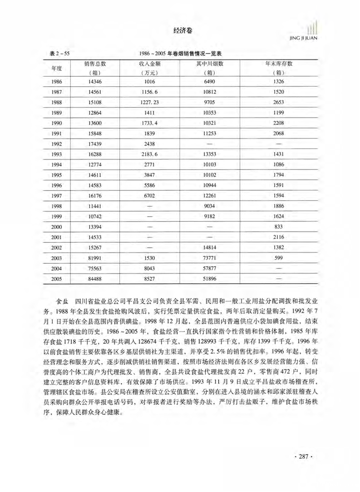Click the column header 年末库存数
point(279,64)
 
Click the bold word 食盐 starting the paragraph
point(62,301)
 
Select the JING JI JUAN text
point(304,38)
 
